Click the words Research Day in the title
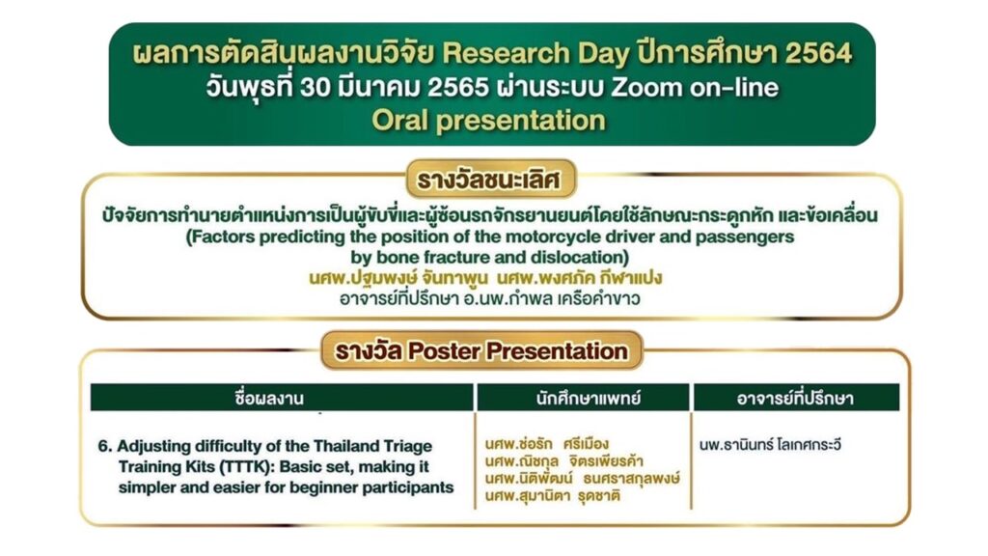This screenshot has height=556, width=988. click(x=535, y=54)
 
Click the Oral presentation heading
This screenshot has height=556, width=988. click(x=488, y=121)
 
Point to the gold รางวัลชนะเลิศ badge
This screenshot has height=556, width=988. click(x=490, y=179)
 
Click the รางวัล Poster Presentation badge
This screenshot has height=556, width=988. click(x=481, y=350)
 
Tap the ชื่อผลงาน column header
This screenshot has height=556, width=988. click(x=269, y=398)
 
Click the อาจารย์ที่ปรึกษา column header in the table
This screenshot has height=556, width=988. click(x=795, y=398)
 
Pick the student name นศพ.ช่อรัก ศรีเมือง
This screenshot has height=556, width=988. click(x=547, y=444)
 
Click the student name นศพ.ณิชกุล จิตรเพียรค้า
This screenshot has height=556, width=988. click(x=563, y=461)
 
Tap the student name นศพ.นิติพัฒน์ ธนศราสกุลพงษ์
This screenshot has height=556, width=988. click(x=582, y=479)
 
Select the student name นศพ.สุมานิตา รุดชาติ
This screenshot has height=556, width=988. click(x=553, y=495)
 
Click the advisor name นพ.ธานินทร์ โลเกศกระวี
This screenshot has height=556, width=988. click(x=770, y=444)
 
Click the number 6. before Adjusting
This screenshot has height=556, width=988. click(x=105, y=446)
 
